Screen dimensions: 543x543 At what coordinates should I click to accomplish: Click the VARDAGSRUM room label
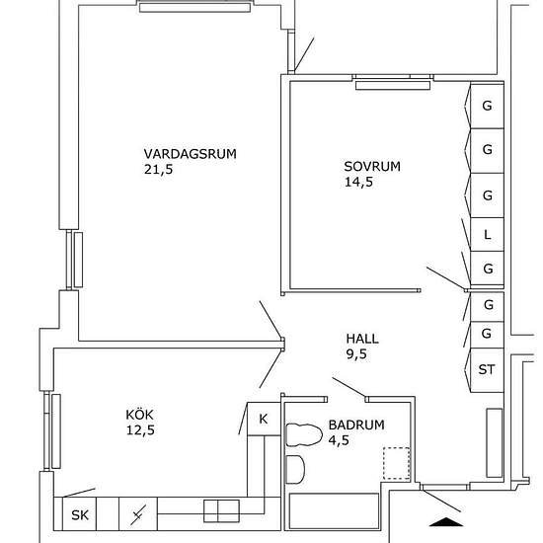pyautogui.click(x=191, y=154)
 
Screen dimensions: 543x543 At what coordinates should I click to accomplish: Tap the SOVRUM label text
pyautogui.click(x=372, y=167)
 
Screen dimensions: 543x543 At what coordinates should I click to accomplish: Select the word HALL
pyautogui.click(x=362, y=339)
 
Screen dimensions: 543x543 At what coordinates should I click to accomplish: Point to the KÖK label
pyautogui.click(x=139, y=414)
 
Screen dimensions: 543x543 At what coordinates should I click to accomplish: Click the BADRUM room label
pyautogui.click(x=356, y=425)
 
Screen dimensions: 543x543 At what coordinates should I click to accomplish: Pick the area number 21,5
pyautogui.click(x=158, y=170)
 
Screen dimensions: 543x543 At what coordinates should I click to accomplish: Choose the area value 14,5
pyautogui.click(x=358, y=183)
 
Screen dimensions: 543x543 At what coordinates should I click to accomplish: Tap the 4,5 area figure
pyautogui.click(x=339, y=440)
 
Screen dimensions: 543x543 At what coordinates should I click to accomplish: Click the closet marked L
pyautogui.click(x=487, y=234)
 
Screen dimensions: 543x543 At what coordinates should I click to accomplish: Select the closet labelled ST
pyautogui.click(x=487, y=370)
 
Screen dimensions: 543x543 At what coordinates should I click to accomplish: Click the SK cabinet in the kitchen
pyautogui.click(x=79, y=514)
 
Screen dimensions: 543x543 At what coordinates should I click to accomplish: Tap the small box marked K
pyautogui.click(x=264, y=419)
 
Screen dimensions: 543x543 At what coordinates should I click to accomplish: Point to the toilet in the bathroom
pyautogui.click(x=303, y=435)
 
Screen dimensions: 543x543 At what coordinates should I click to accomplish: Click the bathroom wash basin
pyautogui.click(x=295, y=469)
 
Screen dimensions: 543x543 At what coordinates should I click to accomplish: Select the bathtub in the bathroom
pyautogui.click(x=334, y=511)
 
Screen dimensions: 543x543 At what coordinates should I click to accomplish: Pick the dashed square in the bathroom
pyautogui.click(x=397, y=463)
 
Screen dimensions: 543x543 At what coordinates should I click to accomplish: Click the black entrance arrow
pyautogui.click(x=446, y=522)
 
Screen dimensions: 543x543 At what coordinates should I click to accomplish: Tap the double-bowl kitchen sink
pyautogui.click(x=221, y=510)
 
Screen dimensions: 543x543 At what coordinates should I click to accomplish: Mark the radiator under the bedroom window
pyautogui.click(x=393, y=85)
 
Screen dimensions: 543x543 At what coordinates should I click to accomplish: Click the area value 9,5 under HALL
pyautogui.click(x=356, y=354)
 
